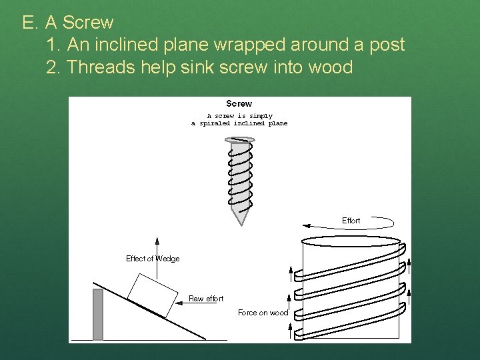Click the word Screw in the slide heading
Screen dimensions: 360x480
pos(89,23)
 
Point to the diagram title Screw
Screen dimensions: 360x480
pos(239,103)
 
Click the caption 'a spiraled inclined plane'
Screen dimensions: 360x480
pos(239,123)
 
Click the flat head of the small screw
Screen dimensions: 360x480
pos(239,139)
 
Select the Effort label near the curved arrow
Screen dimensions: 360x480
pos(351,221)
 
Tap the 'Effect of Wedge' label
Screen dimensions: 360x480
pos(153,259)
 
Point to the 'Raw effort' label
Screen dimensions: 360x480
pos(206,299)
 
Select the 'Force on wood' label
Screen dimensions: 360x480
pos(263,313)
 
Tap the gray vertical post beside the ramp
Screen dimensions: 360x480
pos(98,314)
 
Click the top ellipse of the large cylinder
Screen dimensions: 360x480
pos(351,241)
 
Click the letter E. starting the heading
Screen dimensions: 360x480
pos(29,23)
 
